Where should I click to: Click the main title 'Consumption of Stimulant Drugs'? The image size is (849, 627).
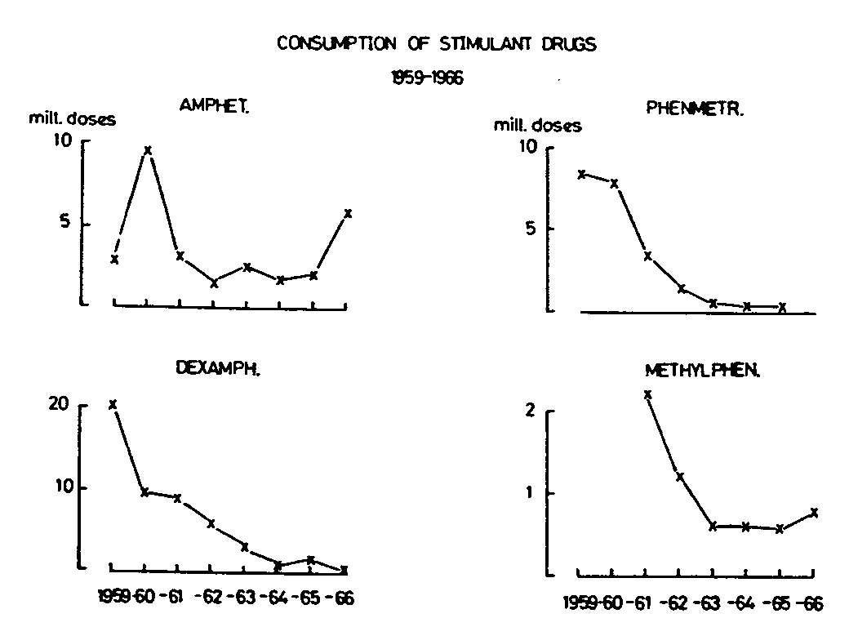[437, 43]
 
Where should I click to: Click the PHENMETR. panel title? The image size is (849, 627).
[695, 109]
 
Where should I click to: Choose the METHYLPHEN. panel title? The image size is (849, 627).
[703, 371]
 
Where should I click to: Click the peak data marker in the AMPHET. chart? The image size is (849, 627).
[148, 150]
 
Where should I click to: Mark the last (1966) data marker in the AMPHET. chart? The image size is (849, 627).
[348, 213]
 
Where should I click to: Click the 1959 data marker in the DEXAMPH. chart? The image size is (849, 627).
[113, 404]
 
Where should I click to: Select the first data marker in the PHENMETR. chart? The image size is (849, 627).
[580, 174]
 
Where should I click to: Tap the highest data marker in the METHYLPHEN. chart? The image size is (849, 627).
[647, 394]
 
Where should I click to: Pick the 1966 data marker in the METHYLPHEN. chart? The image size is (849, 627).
[814, 513]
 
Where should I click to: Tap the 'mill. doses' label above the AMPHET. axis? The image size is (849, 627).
[73, 120]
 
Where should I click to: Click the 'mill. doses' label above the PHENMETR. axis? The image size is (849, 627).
[537, 126]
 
